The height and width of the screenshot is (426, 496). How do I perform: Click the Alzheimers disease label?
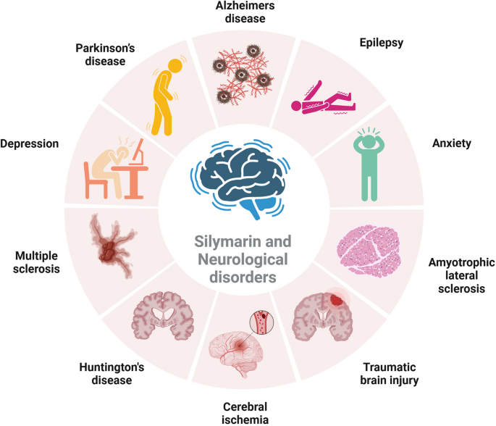tap(245, 12)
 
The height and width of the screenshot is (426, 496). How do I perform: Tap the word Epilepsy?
tap(381, 43)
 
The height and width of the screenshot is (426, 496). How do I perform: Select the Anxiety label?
tap(452, 143)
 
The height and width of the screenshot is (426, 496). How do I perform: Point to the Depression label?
tap(30, 143)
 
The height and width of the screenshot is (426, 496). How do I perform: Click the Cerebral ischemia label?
tap(245, 413)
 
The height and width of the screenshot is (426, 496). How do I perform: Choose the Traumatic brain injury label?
tap(390, 374)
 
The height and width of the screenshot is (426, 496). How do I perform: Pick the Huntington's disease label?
tap(112, 373)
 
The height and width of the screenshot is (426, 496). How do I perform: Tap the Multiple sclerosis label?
tap(36, 262)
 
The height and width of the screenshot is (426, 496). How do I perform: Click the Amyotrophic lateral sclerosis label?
tap(461, 275)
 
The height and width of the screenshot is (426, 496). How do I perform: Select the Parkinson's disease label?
tap(105, 54)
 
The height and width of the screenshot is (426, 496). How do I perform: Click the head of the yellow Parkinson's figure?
tap(175, 66)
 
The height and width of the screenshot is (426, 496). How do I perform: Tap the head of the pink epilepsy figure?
tap(296, 106)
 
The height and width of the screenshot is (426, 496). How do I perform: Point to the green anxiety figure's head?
tap(369, 141)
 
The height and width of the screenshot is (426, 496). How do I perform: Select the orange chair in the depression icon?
tap(95, 181)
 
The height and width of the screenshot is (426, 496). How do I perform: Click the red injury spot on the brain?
tap(337, 300)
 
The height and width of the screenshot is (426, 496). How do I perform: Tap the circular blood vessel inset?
tap(262, 322)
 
